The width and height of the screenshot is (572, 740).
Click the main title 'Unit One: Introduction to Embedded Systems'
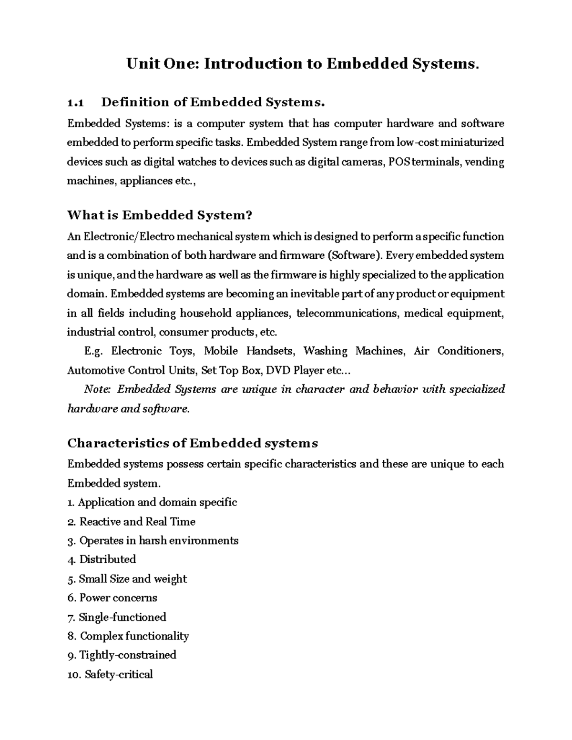point(302,64)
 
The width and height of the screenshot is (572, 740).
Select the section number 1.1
point(76,102)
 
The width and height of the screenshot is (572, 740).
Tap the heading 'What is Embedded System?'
point(159,215)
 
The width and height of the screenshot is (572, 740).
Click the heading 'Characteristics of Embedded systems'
point(193,444)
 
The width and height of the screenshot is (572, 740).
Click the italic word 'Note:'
point(97,389)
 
